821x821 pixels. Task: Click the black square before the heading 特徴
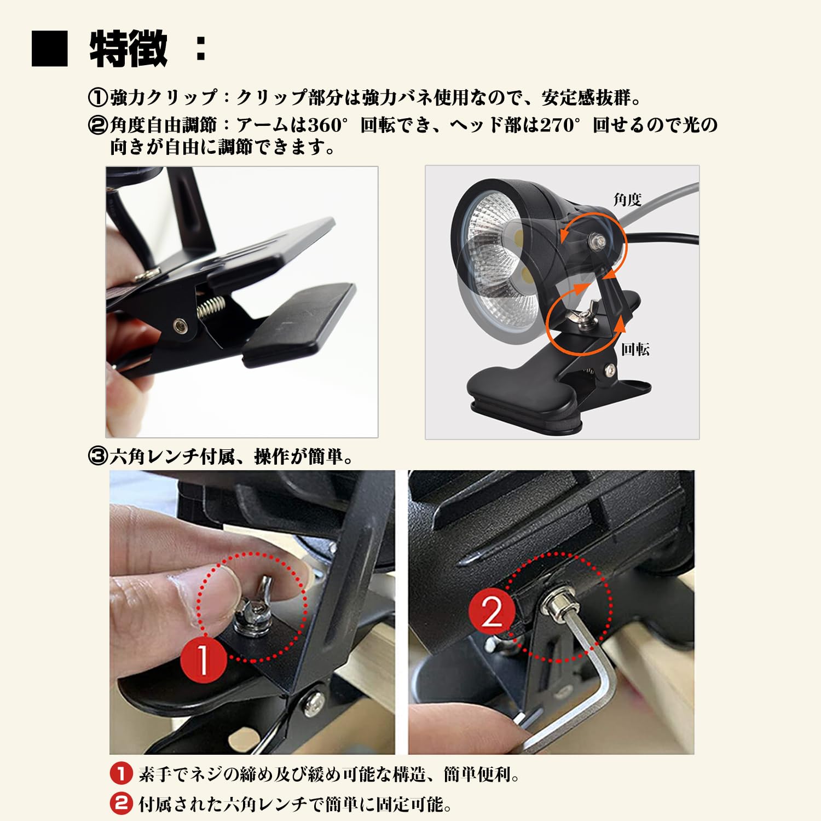coord(50,49)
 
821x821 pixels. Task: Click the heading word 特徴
coord(129,49)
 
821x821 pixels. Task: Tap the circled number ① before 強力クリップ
coord(98,98)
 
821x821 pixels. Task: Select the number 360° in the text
coord(327,125)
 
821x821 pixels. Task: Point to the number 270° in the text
coord(559,125)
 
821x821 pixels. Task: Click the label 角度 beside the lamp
coord(627,199)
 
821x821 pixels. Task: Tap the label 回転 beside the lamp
coord(635,349)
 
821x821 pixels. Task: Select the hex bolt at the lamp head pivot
coord(597,240)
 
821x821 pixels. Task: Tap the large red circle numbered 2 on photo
coord(491,611)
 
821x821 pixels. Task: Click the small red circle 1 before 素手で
coord(121,774)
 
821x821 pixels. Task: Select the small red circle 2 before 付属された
coord(121,803)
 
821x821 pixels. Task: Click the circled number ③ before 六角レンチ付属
coord(98,456)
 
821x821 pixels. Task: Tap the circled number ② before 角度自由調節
coord(98,125)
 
